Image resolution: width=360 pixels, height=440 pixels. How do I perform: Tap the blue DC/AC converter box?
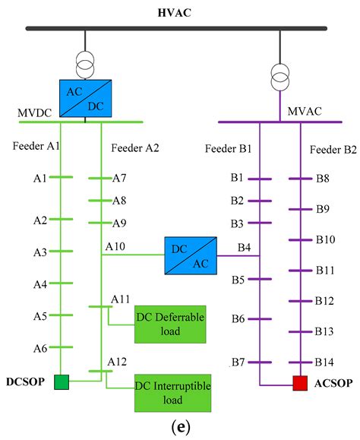190,255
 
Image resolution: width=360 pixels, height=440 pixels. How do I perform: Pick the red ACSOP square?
300,383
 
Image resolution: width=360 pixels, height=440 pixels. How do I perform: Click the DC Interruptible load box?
173,392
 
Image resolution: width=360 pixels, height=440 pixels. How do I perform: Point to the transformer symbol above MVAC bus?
281,74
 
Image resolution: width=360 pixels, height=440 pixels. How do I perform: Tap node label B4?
245,247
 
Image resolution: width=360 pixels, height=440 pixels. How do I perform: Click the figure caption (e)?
180,427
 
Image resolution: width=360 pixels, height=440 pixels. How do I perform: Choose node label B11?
325,270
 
